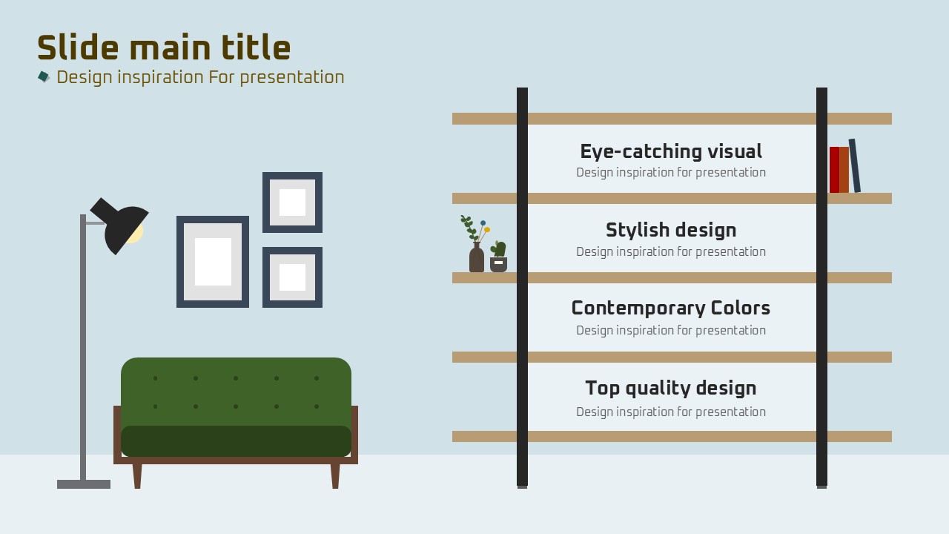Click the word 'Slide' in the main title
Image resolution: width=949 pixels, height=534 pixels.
78,47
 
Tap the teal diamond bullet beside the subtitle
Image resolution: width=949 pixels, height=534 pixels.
44,76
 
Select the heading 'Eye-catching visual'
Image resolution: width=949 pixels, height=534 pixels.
671,152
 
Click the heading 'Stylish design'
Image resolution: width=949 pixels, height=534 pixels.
671,230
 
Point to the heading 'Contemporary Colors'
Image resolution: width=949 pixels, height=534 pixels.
671,308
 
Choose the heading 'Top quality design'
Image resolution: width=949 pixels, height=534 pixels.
671,388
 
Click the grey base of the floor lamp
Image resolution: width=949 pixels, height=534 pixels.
84,484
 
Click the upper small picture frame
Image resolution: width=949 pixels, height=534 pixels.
292,176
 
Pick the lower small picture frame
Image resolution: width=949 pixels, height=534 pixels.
292,251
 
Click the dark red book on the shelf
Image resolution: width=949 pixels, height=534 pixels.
834,170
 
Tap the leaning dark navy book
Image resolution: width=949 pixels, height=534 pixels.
855,165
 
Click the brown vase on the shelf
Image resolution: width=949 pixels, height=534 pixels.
477,257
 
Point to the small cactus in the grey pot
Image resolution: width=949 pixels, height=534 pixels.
499,249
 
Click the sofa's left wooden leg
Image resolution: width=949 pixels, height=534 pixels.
137,476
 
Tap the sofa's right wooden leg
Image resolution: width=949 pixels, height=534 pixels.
335,476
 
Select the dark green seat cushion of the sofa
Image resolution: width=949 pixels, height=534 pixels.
236,441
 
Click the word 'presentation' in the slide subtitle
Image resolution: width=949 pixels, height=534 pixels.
292,78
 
